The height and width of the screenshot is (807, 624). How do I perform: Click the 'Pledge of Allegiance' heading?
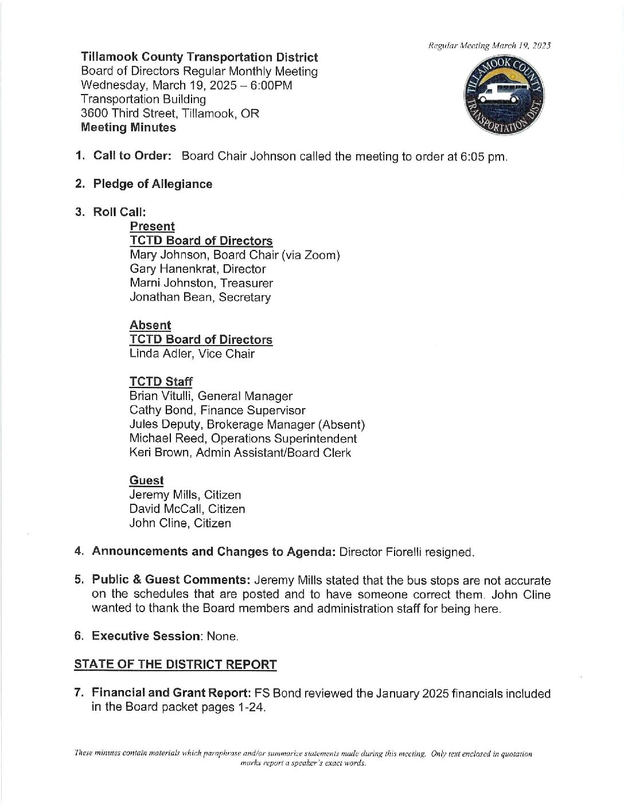[x=153, y=184]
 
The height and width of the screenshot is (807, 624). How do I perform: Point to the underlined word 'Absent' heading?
[x=150, y=325]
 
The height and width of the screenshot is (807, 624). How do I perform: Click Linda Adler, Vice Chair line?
[x=192, y=354]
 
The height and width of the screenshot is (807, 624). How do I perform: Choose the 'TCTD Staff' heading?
[x=161, y=382]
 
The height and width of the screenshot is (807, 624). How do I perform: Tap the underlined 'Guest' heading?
[x=146, y=480]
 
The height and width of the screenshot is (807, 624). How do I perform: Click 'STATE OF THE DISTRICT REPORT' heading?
[x=175, y=665]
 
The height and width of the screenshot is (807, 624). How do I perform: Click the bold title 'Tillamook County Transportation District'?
[x=200, y=57]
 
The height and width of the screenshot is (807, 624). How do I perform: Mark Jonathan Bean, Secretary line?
[x=200, y=297]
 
